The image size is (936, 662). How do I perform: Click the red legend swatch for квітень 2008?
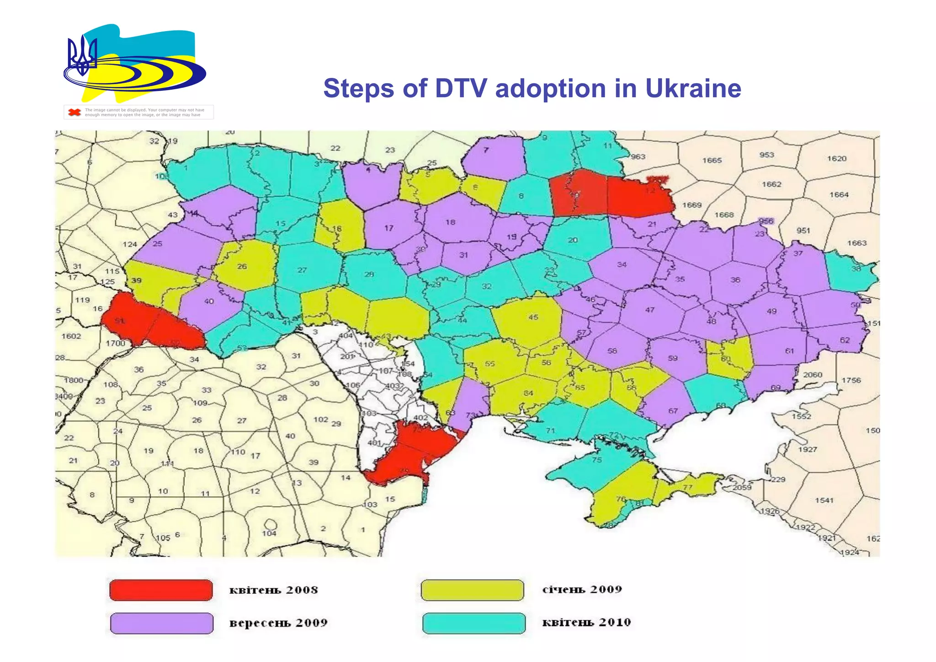161,590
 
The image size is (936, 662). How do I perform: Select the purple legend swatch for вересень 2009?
162,623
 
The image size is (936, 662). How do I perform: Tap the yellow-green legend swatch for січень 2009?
472,590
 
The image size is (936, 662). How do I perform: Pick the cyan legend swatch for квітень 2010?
473,623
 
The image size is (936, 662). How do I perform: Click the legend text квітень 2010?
586,622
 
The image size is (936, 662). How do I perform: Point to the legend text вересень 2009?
278,623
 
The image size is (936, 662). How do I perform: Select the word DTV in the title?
461,88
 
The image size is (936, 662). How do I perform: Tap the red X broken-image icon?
74,112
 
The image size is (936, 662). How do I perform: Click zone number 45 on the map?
533,317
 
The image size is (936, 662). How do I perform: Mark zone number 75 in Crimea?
596,460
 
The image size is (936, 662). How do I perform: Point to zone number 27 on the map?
302,270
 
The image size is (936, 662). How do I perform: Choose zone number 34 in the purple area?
622,264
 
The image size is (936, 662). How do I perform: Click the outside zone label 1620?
836,159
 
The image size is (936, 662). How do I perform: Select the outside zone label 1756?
851,380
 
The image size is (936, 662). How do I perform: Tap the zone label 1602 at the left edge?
71,336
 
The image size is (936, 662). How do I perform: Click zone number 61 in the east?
789,351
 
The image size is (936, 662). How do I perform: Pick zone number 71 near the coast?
550,431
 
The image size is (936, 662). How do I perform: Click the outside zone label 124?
130,244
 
